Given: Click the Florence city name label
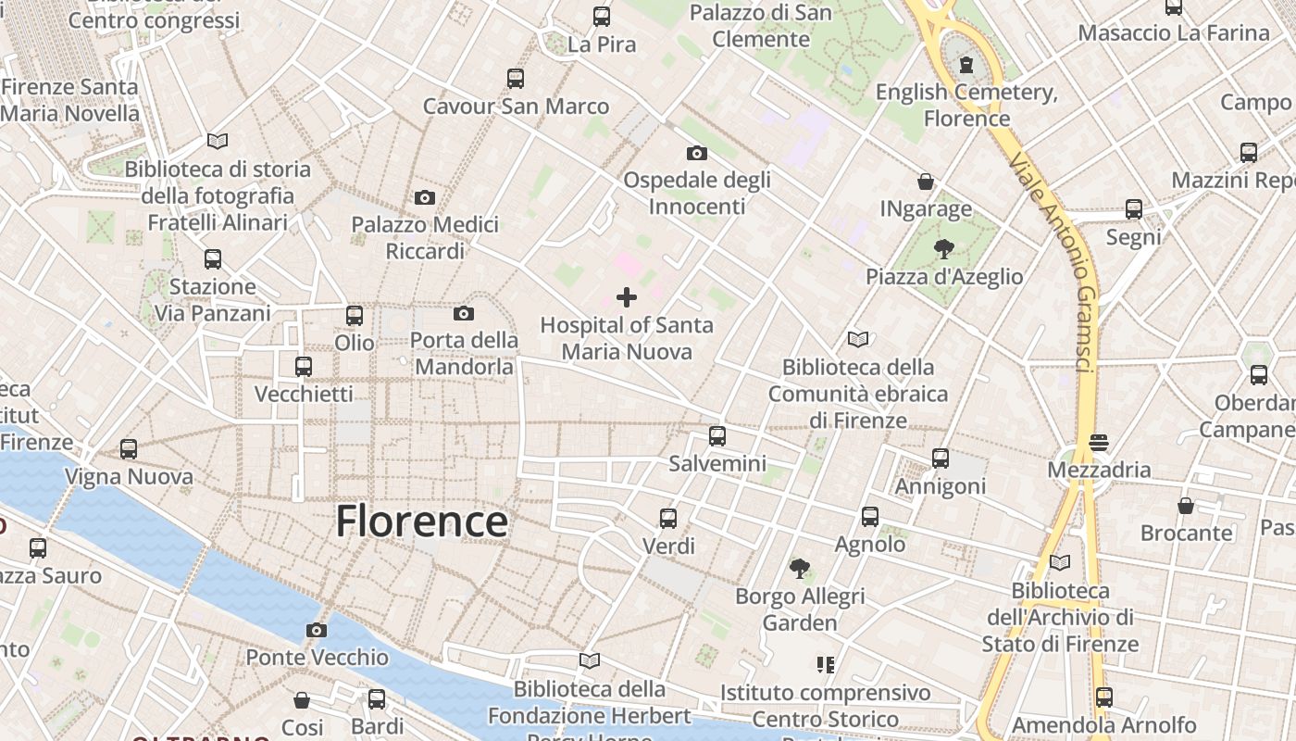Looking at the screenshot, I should [x=421, y=521].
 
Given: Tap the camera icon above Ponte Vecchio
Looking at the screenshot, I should [x=317, y=631].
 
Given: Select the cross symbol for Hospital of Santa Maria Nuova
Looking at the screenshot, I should [x=627, y=297].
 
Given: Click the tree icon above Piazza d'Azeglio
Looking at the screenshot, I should [x=944, y=248].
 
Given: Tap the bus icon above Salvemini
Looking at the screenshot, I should [x=717, y=435].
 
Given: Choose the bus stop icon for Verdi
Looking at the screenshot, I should [x=668, y=518].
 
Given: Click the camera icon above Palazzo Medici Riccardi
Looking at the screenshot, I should [x=425, y=197].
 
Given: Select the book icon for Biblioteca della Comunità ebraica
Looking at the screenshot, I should [x=858, y=340].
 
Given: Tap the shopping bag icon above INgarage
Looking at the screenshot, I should [x=926, y=181].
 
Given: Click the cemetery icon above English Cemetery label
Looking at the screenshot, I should [x=966, y=65].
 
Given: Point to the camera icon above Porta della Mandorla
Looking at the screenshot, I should [x=464, y=313].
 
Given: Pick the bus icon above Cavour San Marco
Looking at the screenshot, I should [x=516, y=79].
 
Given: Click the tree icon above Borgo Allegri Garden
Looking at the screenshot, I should [x=800, y=568].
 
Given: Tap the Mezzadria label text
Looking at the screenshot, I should [x=1099, y=470].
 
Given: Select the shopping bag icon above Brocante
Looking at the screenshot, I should [x=1186, y=505].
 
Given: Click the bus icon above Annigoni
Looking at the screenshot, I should [x=941, y=458].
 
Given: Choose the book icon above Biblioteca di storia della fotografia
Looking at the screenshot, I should [x=218, y=141].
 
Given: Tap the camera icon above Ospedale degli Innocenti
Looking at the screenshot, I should [x=697, y=153].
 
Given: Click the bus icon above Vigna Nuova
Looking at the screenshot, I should [x=129, y=449].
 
